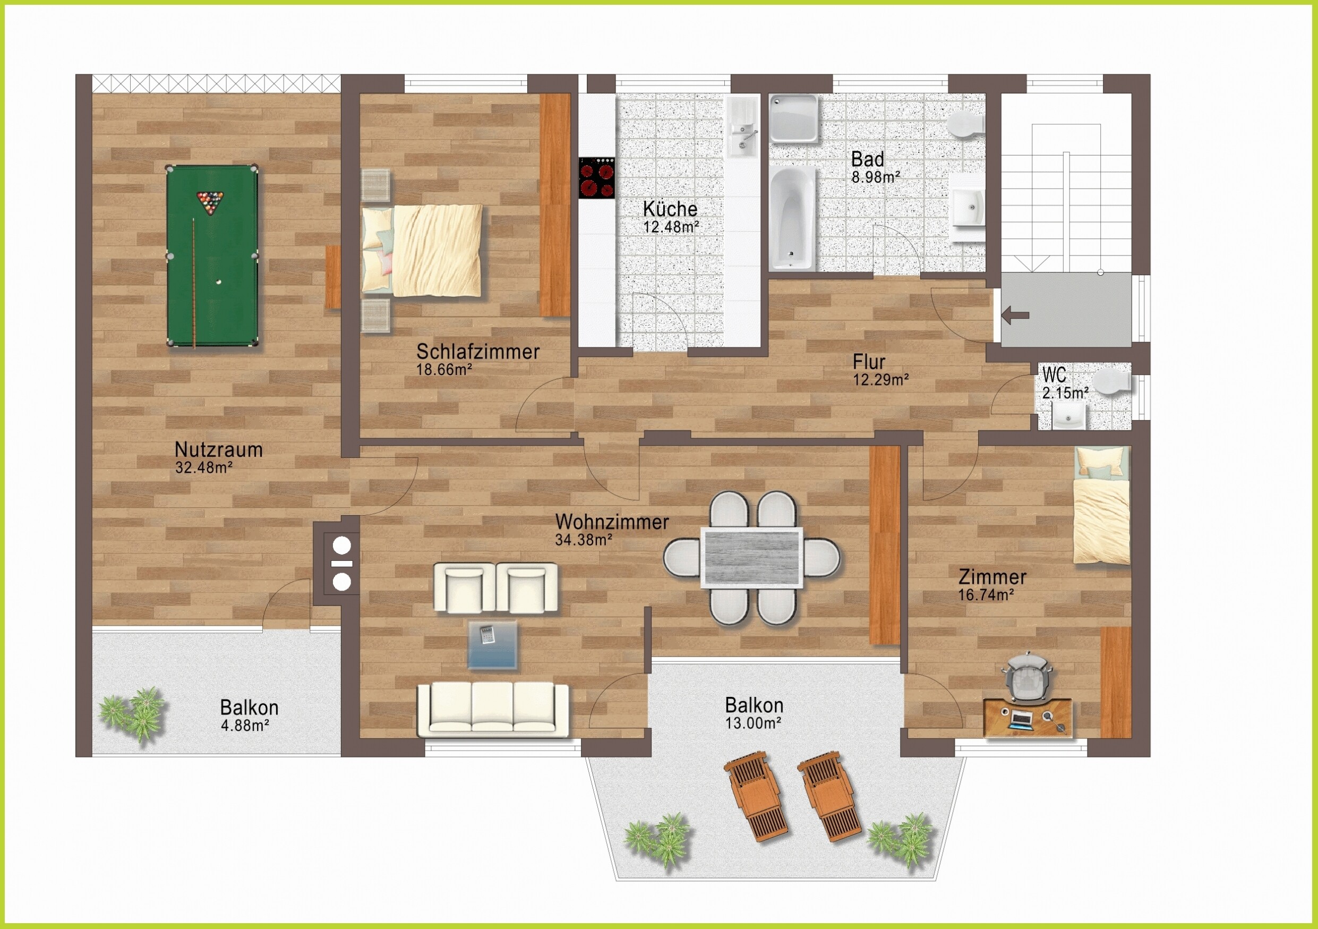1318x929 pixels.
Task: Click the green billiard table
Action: pyautogui.click(x=212, y=256)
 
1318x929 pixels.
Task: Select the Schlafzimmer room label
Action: pyautogui.click(x=478, y=352)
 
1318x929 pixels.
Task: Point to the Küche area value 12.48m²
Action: pyautogui.click(x=671, y=227)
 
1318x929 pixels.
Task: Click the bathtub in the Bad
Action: pyautogui.click(x=792, y=218)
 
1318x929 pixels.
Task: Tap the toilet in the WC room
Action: pyautogui.click(x=1111, y=383)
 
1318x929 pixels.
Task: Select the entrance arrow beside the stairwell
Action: pyautogui.click(x=1015, y=314)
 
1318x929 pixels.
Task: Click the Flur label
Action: pyautogui.click(x=869, y=362)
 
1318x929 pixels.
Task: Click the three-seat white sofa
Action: pyautogui.click(x=493, y=709)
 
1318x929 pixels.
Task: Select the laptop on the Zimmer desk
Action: pyautogui.click(x=1021, y=719)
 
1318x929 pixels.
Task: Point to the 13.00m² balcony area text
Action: pyautogui.click(x=753, y=723)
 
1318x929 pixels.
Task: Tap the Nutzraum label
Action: pyautogui.click(x=219, y=449)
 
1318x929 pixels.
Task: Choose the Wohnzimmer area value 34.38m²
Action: pyautogui.click(x=584, y=540)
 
